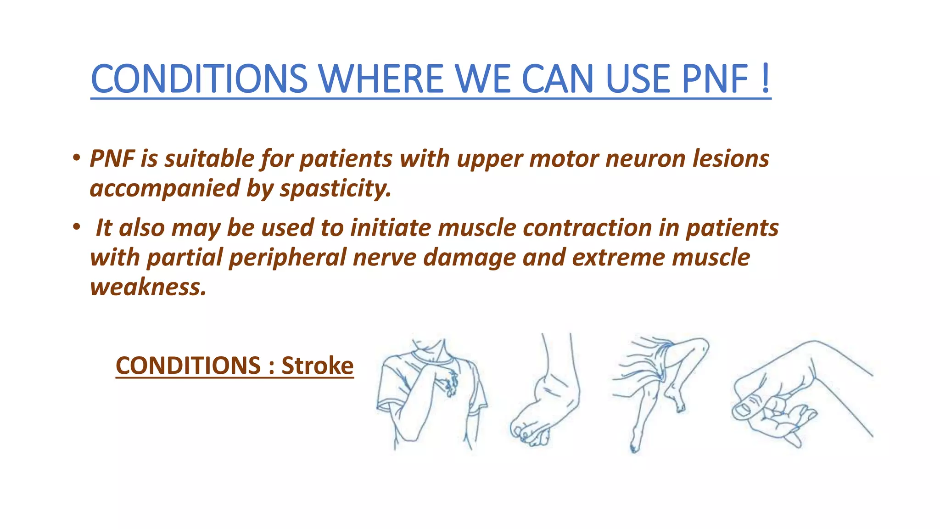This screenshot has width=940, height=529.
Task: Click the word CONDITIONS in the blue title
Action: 199,79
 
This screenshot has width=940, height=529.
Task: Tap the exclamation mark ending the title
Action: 765,79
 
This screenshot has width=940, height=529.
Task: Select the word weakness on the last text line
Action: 148,287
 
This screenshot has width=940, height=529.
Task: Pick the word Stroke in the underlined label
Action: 317,366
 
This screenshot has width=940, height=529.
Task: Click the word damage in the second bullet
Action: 469,258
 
